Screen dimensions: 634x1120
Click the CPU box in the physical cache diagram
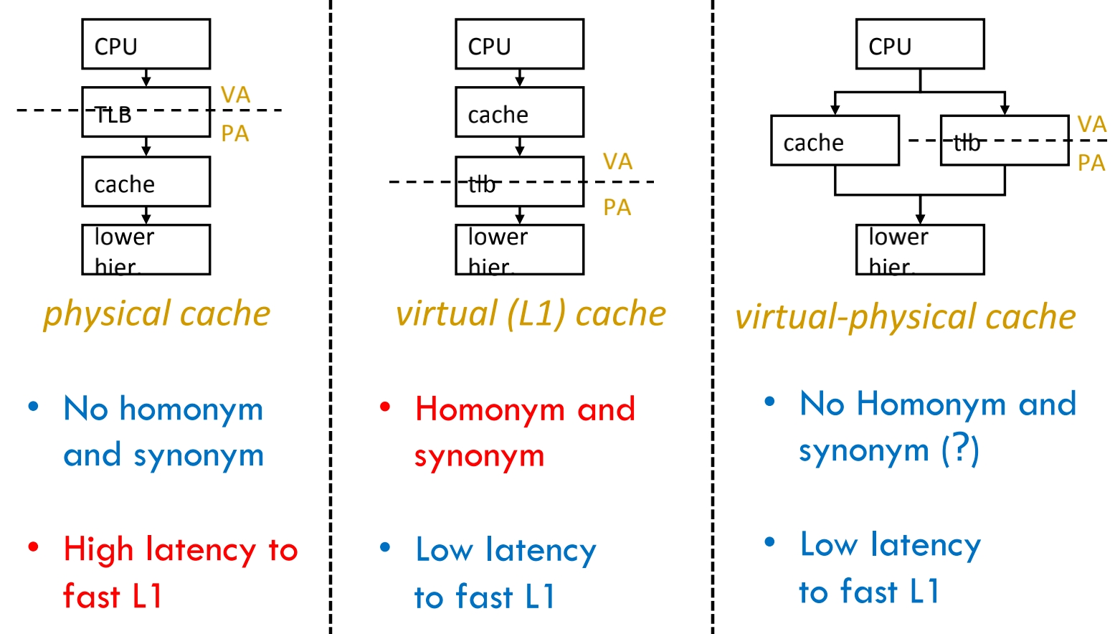click(x=146, y=44)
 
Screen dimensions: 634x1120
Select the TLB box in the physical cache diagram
click(x=146, y=112)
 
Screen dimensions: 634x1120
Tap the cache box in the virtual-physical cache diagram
click(x=835, y=141)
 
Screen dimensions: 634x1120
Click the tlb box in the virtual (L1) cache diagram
click(x=519, y=182)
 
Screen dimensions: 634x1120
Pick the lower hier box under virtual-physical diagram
click(x=920, y=250)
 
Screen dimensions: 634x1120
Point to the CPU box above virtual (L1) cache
click(x=519, y=44)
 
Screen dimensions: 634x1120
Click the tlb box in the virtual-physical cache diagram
click(x=1004, y=141)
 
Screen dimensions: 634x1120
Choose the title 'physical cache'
click(x=156, y=314)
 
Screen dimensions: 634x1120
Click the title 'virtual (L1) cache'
click(x=531, y=314)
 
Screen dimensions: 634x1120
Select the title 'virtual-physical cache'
click(x=905, y=317)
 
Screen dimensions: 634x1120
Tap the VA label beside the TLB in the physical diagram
click(x=235, y=95)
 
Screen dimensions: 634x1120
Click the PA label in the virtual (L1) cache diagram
click(x=617, y=208)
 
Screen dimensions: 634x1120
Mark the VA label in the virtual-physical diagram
click(x=1091, y=125)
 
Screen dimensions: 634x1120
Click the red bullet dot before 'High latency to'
click(x=33, y=548)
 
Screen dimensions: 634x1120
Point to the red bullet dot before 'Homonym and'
click(x=385, y=407)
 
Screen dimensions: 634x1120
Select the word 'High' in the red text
click(x=98, y=550)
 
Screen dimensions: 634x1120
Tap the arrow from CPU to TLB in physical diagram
click(x=146, y=78)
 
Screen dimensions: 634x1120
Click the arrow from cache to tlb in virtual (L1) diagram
click(x=520, y=147)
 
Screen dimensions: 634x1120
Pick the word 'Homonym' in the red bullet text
click(x=490, y=410)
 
